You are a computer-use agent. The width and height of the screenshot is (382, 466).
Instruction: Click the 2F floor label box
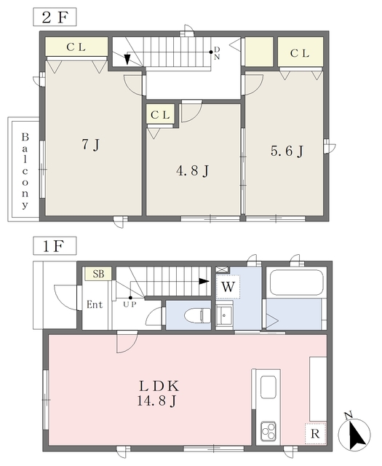55,17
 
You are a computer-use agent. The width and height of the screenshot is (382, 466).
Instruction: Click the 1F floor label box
55,246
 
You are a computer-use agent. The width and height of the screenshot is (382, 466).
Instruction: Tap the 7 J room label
91,145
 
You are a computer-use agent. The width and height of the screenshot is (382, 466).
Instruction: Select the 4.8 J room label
193,171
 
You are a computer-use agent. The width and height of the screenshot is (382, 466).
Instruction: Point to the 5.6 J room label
287,151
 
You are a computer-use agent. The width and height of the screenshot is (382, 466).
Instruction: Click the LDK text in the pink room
159,387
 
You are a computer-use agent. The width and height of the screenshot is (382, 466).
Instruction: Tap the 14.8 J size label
157,401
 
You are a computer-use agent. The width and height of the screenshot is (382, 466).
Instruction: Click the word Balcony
25,171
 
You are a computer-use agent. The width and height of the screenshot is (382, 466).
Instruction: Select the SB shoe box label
98,274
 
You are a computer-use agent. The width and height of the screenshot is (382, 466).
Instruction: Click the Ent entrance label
95,304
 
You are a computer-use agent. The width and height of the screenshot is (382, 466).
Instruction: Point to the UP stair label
130,304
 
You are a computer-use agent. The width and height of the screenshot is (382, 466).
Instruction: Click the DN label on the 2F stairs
217,53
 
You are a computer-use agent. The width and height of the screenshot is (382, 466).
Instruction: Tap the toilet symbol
197,315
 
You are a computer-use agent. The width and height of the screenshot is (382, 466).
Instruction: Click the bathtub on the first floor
296,283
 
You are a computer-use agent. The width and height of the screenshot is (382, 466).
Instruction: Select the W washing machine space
228,287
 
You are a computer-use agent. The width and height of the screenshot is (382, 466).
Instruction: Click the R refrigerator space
315,434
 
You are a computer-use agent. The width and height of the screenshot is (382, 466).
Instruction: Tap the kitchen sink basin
268,387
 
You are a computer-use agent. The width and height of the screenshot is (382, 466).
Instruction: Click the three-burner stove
268,431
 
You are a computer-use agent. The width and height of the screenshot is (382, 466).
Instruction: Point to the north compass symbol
354,433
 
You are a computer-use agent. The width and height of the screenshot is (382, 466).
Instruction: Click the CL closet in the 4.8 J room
160,114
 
